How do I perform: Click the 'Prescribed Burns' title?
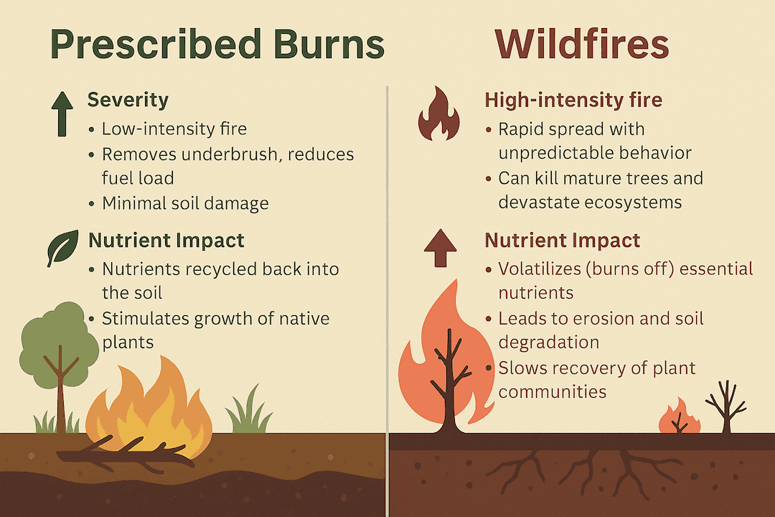coord(217,45)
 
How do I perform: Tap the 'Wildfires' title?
coord(581,45)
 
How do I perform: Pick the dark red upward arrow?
coord(440,248)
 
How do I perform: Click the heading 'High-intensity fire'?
coord(573,100)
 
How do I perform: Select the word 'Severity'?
coord(128,100)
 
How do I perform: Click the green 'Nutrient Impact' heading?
coord(166,240)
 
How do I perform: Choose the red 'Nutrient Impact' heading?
coord(563,240)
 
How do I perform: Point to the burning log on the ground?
coord(126,453)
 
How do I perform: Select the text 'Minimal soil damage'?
coord(185,203)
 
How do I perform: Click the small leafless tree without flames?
coord(725,406)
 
